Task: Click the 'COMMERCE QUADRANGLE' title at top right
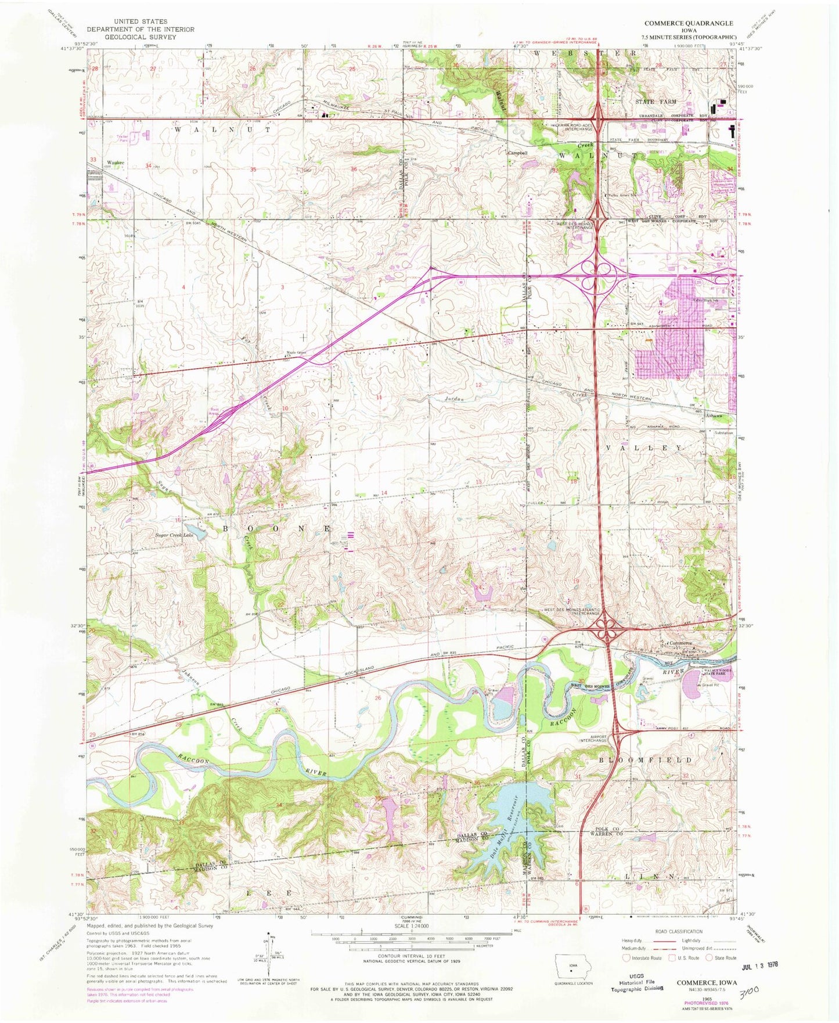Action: (689, 23)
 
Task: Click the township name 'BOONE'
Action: (279, 529)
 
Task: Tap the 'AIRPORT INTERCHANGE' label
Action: (592, 738)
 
